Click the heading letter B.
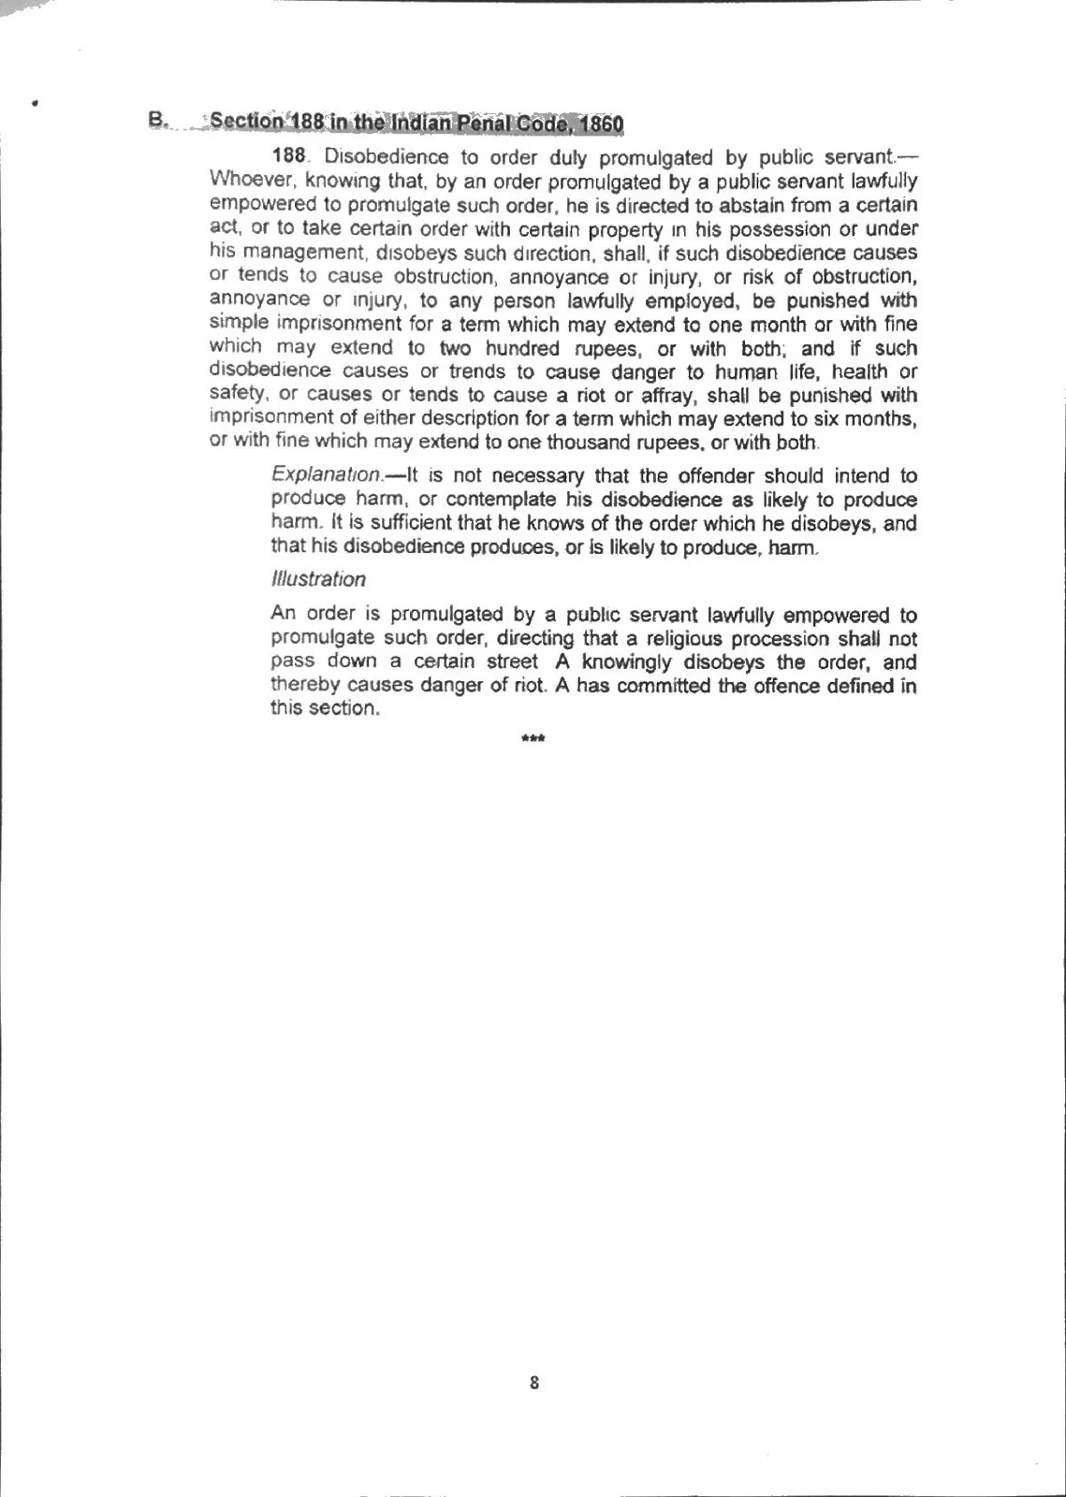click(x=155, y=121)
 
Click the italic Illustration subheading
click(x=318, y=579)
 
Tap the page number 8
click(x=534, y=1383)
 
